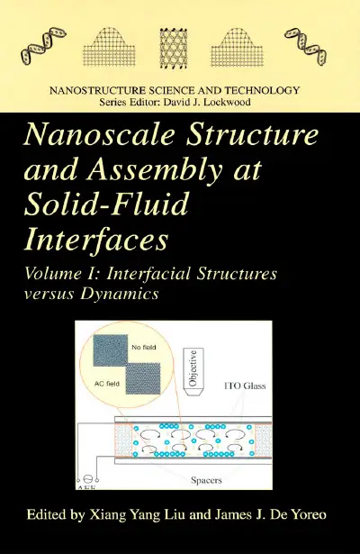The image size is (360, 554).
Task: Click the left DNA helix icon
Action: coord(44,46)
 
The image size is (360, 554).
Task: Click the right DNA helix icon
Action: coord(306,46)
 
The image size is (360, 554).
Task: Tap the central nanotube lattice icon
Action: coord(174,48)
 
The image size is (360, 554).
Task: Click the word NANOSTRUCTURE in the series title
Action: coord(97,90)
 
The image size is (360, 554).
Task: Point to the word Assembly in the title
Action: coord(155,171)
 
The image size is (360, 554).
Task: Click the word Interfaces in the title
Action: coord(95,240)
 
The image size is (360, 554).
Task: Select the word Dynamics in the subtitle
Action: coord(120,294)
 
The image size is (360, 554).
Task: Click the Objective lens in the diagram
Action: coord(193,372)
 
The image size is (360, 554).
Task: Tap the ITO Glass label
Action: coord(245,386)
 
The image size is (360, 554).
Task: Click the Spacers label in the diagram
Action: coord(206,480)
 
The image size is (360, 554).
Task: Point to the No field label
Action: coord(144,348)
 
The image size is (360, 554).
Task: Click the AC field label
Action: coord(107,384)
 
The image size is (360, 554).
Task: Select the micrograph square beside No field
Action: coord(110,350)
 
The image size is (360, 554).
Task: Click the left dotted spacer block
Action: coord(122,440)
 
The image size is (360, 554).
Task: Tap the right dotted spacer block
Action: coord(263,440)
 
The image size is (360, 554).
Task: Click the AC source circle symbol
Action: coord(87,478)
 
